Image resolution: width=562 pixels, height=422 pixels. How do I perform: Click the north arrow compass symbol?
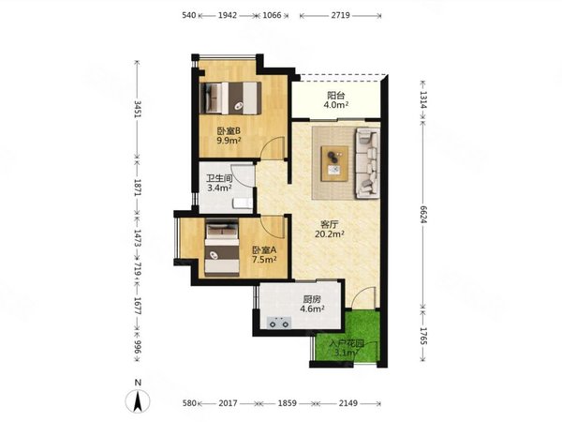click(x=138, y=400)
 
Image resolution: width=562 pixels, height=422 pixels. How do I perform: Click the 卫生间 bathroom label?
click(x=219, y=178)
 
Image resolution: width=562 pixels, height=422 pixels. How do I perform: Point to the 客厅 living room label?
click(x=329, y=225)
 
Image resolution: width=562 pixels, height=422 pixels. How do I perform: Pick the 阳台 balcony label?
click(x=336, y=96)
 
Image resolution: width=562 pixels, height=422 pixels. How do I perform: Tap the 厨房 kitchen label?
click(x=312, y=299)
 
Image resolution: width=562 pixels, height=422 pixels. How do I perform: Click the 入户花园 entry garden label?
click(x=347, y=344)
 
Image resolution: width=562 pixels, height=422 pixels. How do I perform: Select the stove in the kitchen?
click(x=279, y=323)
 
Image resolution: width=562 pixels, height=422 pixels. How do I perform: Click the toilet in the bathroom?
click(x=243, y=203)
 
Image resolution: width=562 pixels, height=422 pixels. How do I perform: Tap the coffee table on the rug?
click(x=334, y=163)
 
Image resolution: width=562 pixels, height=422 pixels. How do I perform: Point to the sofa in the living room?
click(x=367, y=163)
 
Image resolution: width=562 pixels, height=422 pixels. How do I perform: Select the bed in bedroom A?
click(x=222, y=248)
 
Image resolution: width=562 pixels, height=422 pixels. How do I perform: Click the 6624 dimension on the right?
click(x=423, y=215)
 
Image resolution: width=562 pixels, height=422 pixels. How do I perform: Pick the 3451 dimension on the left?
click(x=138, y=109)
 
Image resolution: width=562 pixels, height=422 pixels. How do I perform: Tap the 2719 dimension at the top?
click(x=341, y=15)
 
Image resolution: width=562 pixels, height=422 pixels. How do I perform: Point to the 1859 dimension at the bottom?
click(x=288, y=403)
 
